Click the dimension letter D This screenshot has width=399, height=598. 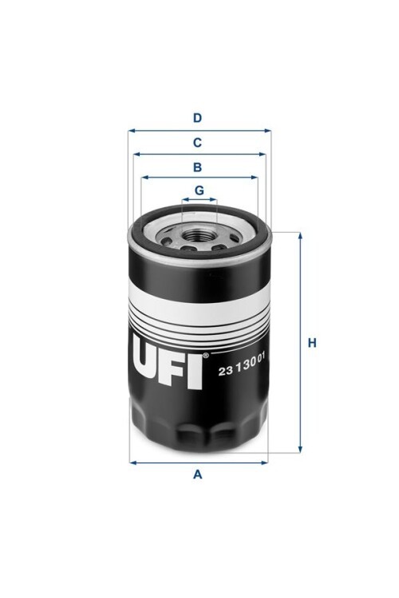click(197, 118)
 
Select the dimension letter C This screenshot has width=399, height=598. click(197, 143)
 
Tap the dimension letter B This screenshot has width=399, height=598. click(197, 167)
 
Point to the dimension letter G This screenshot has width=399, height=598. click(199, 190)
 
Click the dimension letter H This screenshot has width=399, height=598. click(312, 343)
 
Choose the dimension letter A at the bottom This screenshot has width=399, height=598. click(197, 474)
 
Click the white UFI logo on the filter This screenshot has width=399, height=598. click(167, 367)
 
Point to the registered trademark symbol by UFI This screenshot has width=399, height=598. click(205, 356)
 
